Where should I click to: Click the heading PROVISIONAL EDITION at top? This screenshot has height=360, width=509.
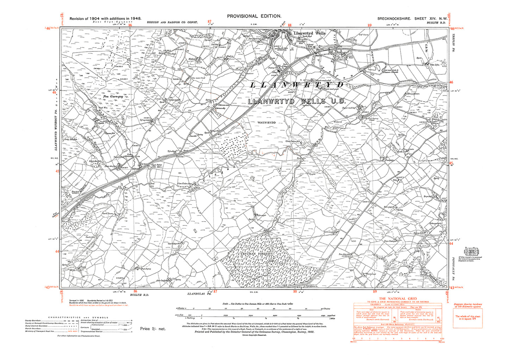pyautogui.click(x=254, y=16)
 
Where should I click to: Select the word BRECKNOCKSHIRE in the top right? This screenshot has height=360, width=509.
pyautogui.click(x=394, y=18)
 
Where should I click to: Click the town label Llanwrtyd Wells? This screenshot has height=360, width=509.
pyautogui.click(x=310, y=33)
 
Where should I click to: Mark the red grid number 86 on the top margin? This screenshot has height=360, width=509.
pyautogui.click(x=130, y=25)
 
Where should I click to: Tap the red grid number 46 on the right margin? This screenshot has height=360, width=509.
pyautogui.click(x=452, y=82)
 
